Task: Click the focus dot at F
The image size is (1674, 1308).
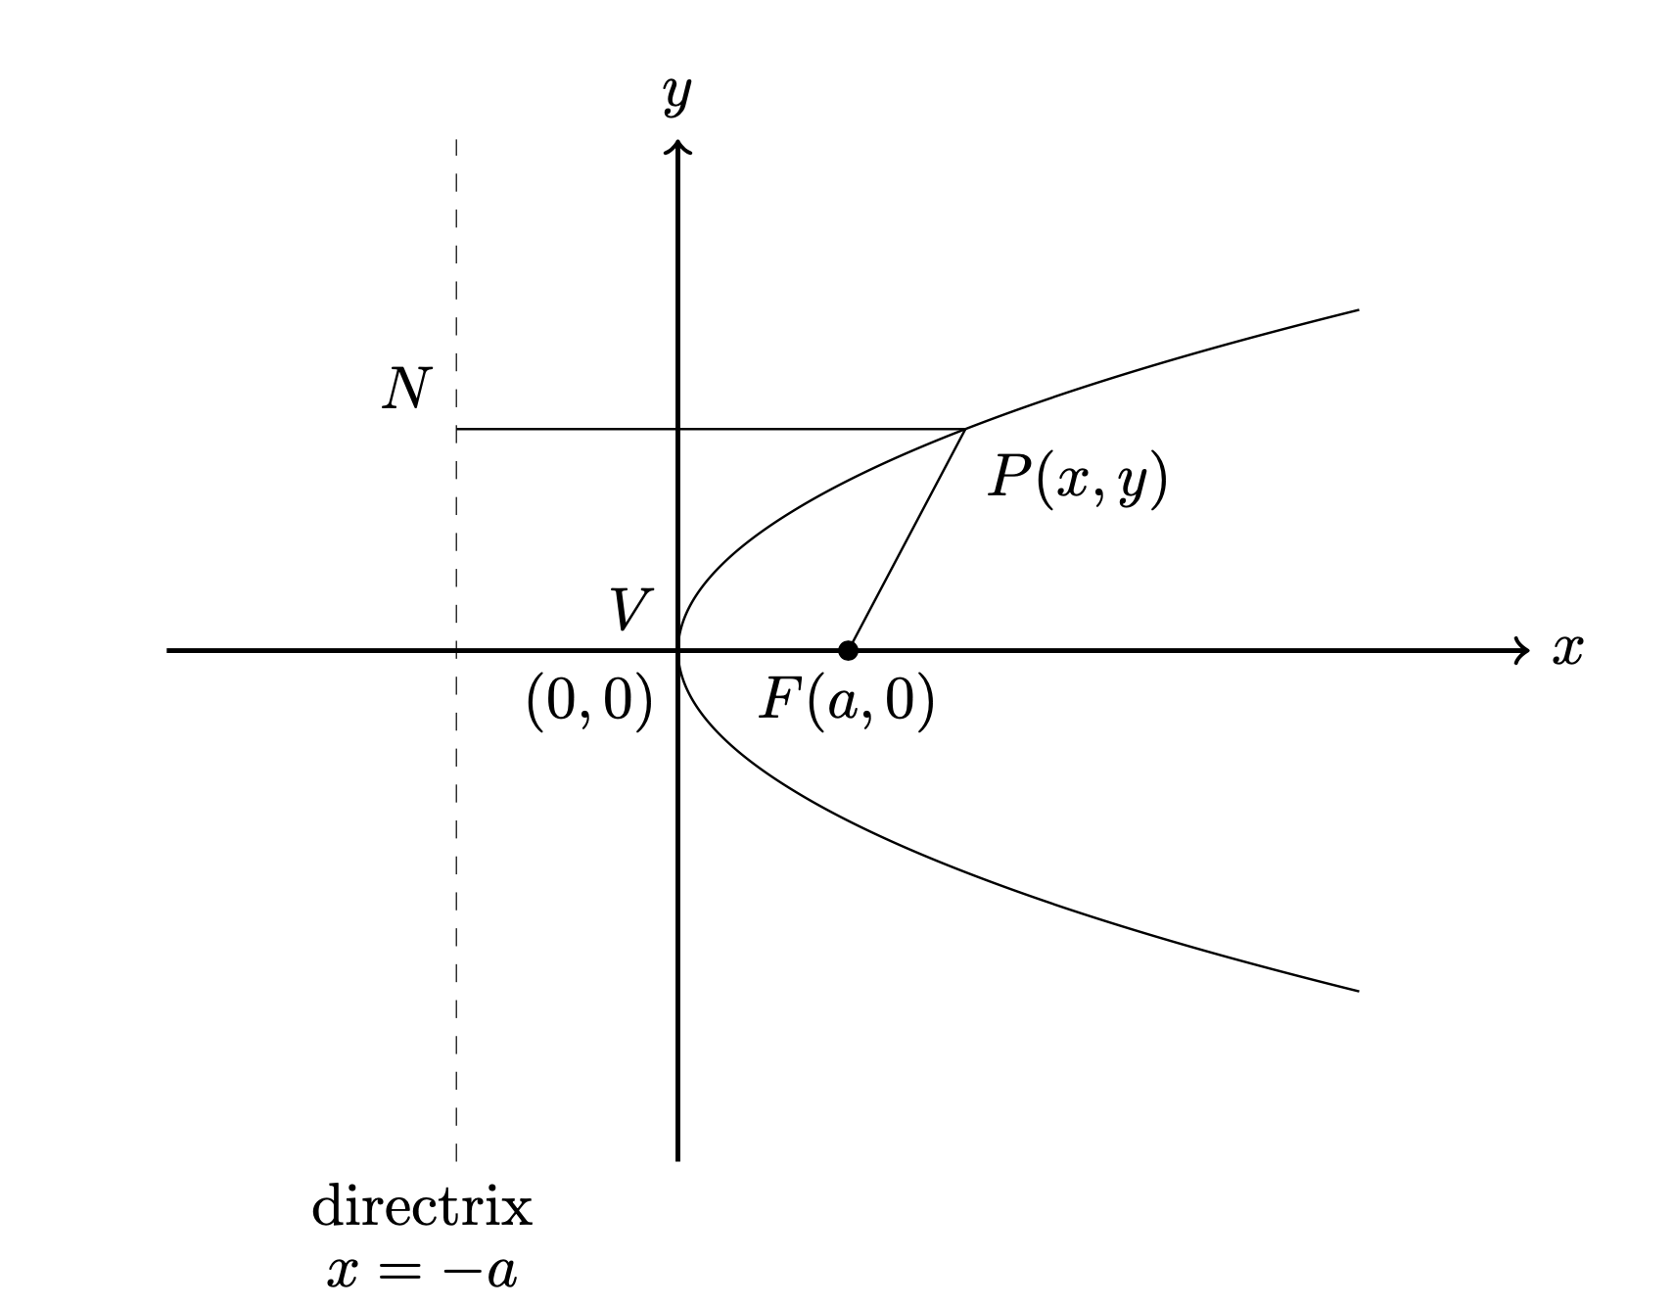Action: point(848,650)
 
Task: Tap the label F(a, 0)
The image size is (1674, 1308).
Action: point(846,701)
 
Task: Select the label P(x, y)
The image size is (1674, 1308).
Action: point(1077,480)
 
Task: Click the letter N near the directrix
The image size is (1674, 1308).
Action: point(406,390)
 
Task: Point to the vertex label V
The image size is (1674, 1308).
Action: point(627,611)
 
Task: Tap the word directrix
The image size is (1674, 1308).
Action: point(422,1207)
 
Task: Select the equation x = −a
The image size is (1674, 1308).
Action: point(422,1271)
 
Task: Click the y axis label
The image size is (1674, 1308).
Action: point(676,95)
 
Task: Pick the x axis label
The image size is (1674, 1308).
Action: point(1566,649)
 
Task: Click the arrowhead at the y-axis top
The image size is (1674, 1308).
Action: point(677,147)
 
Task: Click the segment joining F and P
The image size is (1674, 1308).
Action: point(907,539)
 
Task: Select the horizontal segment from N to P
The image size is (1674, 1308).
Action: point(710,429)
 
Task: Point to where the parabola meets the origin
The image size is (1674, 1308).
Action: point(678,650)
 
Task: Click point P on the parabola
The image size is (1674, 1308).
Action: point(965,429)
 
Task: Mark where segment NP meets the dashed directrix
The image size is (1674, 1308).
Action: point(457,429)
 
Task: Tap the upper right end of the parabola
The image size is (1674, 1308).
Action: point(1357,310)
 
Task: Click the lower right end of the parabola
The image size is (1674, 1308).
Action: point(1357,991)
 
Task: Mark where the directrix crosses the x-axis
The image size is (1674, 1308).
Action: point(457,650)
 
